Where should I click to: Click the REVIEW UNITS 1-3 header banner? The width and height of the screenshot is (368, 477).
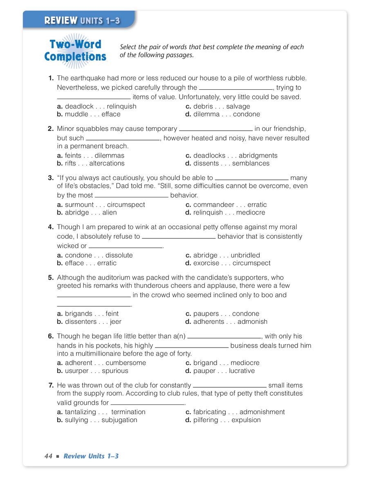point(82,20)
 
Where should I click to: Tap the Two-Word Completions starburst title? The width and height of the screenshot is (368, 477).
point(75,50)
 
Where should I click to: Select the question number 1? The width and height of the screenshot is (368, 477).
point(51,78)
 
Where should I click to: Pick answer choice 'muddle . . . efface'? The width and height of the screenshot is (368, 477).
point(92,114)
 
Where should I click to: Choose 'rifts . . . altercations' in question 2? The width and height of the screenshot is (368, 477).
point(94,163)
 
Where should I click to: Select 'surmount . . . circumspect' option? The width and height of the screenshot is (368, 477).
point(105,205)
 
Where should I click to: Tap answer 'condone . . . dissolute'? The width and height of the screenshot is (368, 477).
point(99,255)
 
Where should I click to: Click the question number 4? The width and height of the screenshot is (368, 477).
point(51,227)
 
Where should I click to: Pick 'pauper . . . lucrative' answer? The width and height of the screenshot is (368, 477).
point(224,371)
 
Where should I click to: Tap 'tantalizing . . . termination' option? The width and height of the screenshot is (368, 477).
point(105,412)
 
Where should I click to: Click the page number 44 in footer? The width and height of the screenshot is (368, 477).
point(49,456)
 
